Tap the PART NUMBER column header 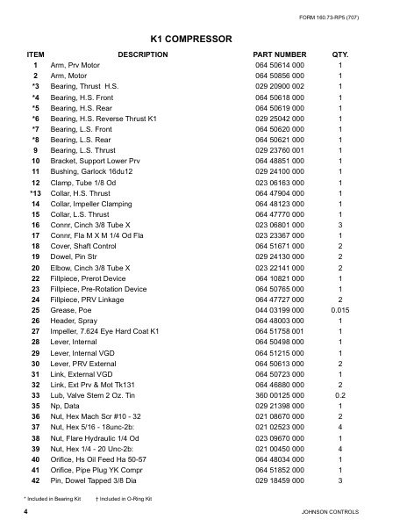click(x=280, y=54)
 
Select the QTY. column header click(x=339, y=54)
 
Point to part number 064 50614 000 click(x=280, y=66)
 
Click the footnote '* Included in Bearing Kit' click(x=55, y=498)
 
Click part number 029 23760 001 click(x=280, y=150)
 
